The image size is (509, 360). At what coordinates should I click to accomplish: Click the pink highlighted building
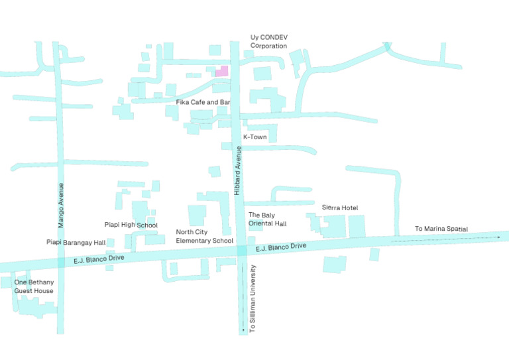(x=223, y=71)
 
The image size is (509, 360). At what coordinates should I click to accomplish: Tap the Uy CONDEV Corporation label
(x=269, y=41)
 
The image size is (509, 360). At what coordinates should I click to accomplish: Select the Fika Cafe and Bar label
(x=203, y=102)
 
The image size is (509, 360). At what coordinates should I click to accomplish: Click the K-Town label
(x=255, y=137)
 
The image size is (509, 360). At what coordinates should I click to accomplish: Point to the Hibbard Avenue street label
(x=237, y=170)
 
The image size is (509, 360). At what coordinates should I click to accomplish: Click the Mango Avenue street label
(x=61, y=205)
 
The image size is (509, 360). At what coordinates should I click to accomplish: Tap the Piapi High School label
(x=131, y=225)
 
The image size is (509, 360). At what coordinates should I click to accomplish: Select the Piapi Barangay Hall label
(x=76, y=242)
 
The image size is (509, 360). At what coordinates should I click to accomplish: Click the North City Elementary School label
(x=205, y=236)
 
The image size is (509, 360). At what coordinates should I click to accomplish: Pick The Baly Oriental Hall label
(x=268, y=219)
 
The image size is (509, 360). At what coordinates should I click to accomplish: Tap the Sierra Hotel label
(x=340, y=208)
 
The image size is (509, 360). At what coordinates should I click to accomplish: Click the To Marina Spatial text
(x=441, y=229)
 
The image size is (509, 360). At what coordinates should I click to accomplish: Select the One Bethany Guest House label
(x=34, y=286)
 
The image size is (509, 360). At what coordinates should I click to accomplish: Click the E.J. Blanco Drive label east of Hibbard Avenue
(x=281, y=247)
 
